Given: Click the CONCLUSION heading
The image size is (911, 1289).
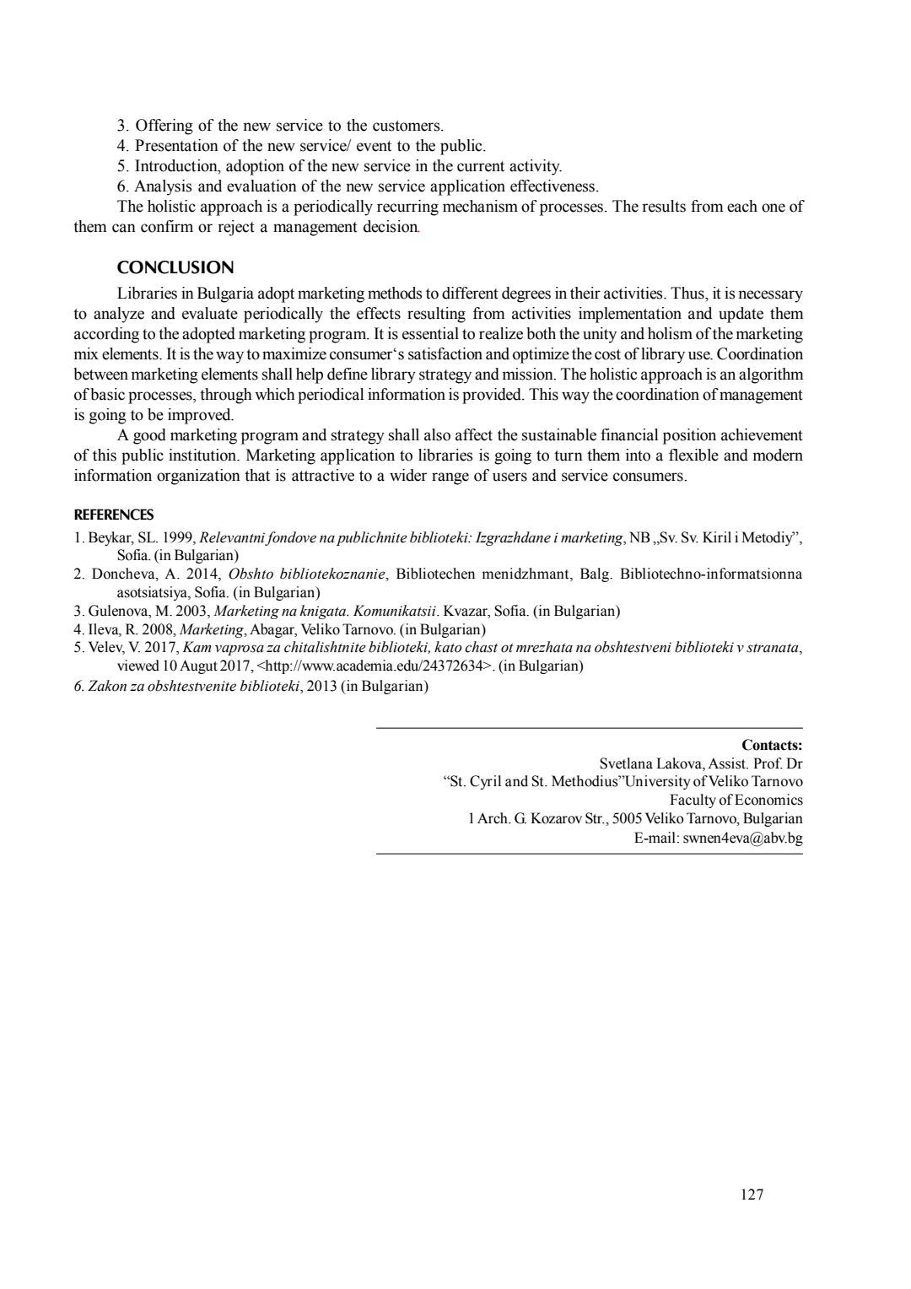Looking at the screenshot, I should coord(175,268).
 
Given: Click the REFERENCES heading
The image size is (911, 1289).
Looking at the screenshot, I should coord(114,515).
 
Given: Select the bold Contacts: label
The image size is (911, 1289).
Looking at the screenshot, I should coord(772,745).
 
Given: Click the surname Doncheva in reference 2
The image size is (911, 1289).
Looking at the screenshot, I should coord(121,574).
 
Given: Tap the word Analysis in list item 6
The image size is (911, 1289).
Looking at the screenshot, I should coord(164,186).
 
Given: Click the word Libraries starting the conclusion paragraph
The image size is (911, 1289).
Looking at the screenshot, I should coord(146,294).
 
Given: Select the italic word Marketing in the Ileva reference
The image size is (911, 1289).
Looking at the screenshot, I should coord(212,629).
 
